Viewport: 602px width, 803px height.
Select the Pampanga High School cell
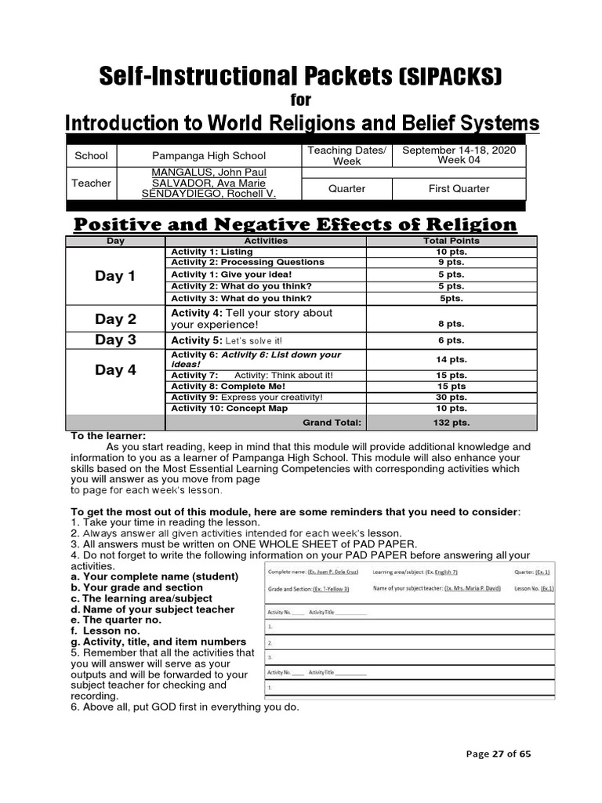[x=209, y=156]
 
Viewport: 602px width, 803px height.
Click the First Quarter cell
[x=459, y=188]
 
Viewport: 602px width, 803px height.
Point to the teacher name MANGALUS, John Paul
[x=209, y=172]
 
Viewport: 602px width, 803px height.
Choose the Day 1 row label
[x=115, y=276]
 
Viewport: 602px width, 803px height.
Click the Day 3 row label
[x=115, y=340]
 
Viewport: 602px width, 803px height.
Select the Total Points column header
[x=451, y=241]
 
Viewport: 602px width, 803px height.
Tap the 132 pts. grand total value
[x=451, y=422]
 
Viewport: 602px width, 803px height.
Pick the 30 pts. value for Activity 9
[x=451, y=398]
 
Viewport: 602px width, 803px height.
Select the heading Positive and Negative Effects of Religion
[x=296, y=225]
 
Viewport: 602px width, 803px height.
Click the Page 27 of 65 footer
[x=498, y=754]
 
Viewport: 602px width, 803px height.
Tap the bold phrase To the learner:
[x=108, y=436]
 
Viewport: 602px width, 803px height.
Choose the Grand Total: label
[x=332, y=422]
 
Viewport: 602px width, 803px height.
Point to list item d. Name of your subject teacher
[x=152, y=609]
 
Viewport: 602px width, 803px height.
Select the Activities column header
[x=266, y=241]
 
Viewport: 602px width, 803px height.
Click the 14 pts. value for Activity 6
[x=451, y=359]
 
